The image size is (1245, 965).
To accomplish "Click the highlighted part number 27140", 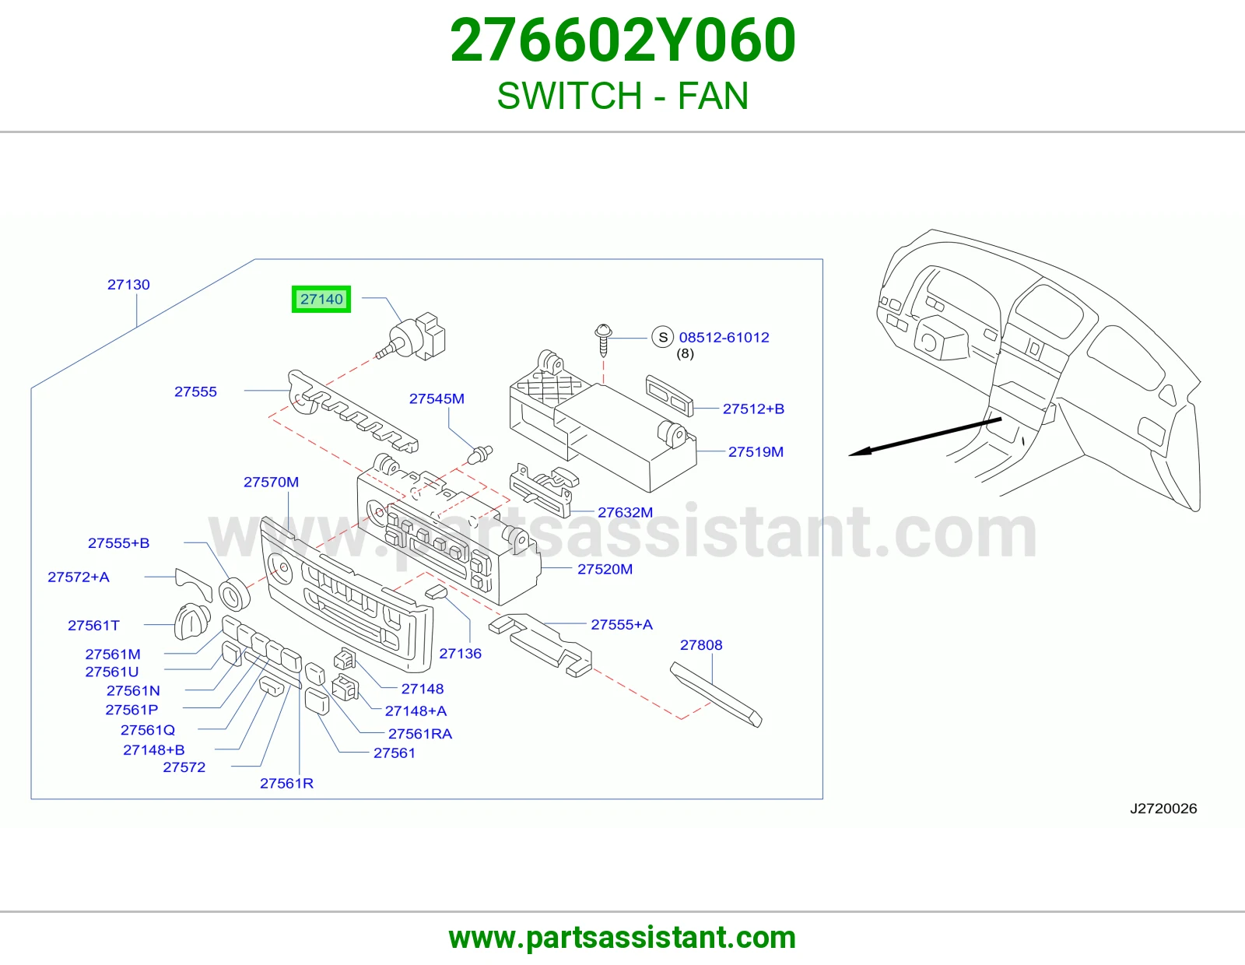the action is (321, 299).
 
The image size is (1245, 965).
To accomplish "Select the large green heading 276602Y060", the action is (622, 40).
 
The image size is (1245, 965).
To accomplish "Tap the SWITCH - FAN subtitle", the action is (622, 96).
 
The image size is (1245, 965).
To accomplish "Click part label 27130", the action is (128, 285).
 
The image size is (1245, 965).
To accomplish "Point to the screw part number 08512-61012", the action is (724, 338).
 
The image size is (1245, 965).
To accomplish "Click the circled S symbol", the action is (663, 338).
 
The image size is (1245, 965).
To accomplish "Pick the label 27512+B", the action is (753, 409).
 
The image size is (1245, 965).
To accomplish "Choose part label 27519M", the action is (756, 452).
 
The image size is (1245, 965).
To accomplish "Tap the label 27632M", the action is (625, 513).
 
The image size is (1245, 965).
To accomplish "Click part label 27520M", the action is (605, 570).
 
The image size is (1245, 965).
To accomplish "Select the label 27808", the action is (701, 645).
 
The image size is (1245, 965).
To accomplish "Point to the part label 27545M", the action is (437, 398).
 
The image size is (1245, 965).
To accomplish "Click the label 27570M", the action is (271, 482).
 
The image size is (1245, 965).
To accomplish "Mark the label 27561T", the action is (93, 626).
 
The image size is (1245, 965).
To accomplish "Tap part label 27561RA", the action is (420, 734).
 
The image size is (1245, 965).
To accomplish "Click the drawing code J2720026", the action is (1163, 809).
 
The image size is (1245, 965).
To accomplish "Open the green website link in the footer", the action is (622, 938).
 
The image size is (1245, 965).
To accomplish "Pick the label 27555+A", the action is (622, 625).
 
